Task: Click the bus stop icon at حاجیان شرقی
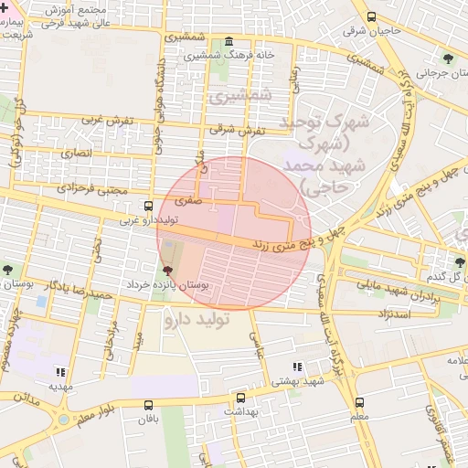coord(371,16)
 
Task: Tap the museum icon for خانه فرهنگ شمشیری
coord(228,42)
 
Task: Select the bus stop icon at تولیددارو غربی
coord(149,206)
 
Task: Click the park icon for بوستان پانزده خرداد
coord(166,271)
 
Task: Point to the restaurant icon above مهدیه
coord(60,372)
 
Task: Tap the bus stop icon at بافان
coord(149,405)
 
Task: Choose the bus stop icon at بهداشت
coord(240,399)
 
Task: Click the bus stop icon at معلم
coord(359,402)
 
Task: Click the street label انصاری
coord(77,153)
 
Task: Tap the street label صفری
coord(186,197)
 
